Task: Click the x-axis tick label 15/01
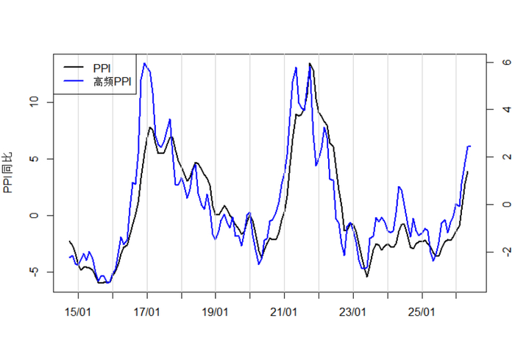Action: [78, 311]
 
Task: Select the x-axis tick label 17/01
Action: [147, 311]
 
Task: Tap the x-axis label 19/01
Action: [215, 311]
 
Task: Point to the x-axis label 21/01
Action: [284, 311]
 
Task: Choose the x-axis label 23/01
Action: [352, 311]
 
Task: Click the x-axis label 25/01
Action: [422, 311]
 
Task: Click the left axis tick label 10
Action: [34, 102]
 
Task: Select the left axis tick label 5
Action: [34, 159]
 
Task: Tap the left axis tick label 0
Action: [34, 216]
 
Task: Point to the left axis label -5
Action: [34, 271]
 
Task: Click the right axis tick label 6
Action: [507, 62]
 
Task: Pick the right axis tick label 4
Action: [507, 109]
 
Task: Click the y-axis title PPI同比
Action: [7, 172]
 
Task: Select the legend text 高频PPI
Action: [113, 82]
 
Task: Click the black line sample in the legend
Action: [74, 68]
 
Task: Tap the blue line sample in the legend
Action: [74, 80]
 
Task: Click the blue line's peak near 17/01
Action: [145, 63]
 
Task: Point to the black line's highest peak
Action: [310, 63]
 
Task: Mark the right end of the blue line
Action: [470, 147]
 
